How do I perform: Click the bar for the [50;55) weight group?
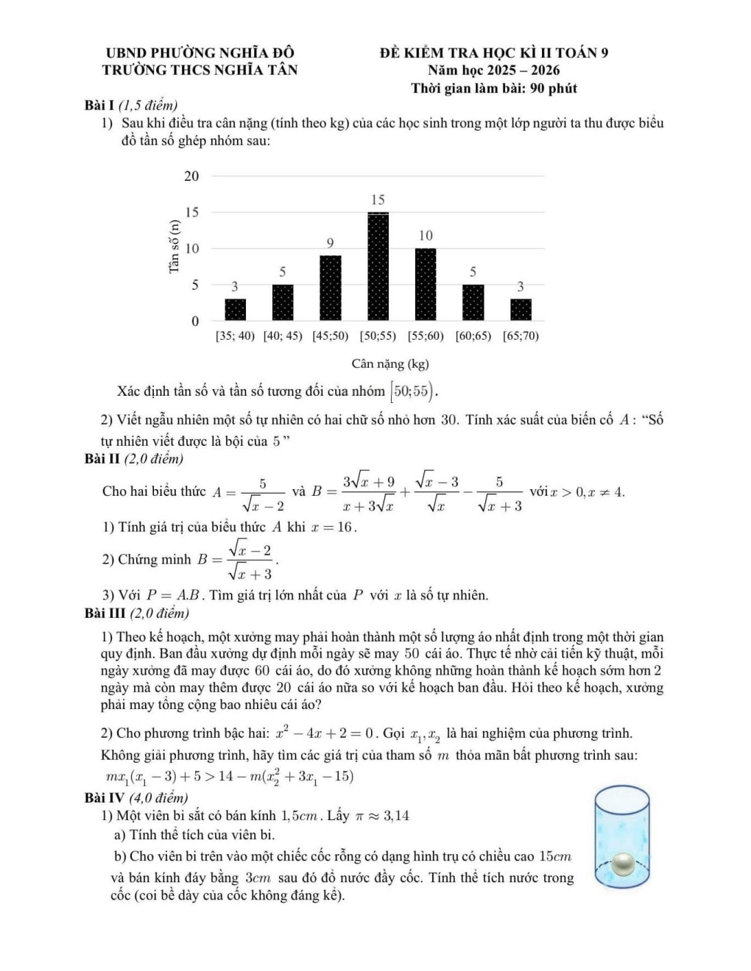click(378, 266)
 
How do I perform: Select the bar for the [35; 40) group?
click(235, 310)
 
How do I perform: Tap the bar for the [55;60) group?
click(426, 284)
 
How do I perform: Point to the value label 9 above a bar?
click(331, 243)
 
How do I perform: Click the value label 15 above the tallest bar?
click(378, 200)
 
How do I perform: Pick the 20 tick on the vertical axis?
click(191, 176)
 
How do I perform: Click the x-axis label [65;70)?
click(521, 336)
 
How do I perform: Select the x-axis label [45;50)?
click(330, 336)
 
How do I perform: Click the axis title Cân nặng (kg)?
click(389, 363)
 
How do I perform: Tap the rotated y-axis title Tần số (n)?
click(174, 247)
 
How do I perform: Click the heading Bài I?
click(99, 106)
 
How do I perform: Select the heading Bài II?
click(102, 459)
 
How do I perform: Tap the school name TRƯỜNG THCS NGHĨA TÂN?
click(200, 71)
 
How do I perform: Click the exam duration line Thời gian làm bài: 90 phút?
click(493, 89)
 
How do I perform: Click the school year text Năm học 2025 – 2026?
click(493, 71)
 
